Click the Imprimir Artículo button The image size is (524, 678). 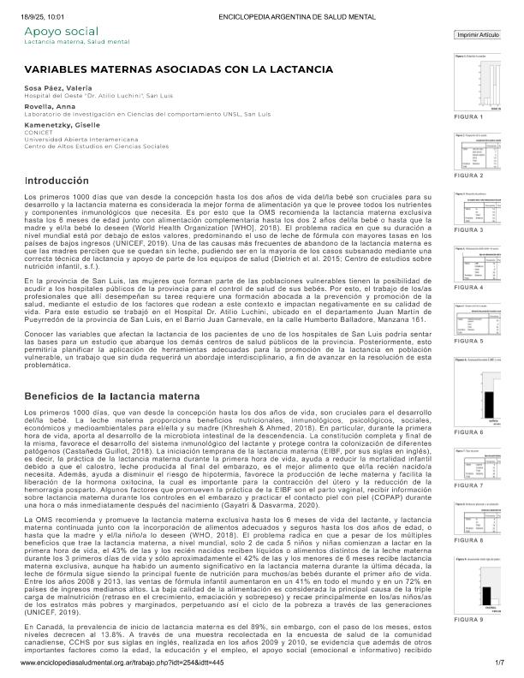(x=478, y=35)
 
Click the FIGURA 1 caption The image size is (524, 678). (x=467, y=116)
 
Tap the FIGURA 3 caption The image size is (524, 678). (x=467, y=230)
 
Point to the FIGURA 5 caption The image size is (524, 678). (x=467, y=341)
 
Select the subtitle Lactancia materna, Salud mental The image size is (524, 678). (x=76, y=41)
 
